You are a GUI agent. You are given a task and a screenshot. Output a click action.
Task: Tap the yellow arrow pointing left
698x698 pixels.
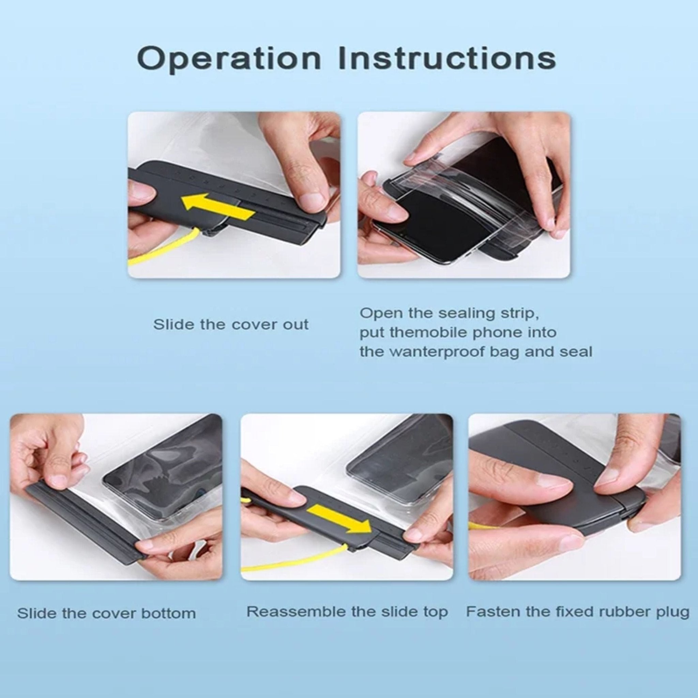[x=217, y=207]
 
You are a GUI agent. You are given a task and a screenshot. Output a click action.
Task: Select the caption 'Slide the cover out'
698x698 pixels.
[x=230, y=324]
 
